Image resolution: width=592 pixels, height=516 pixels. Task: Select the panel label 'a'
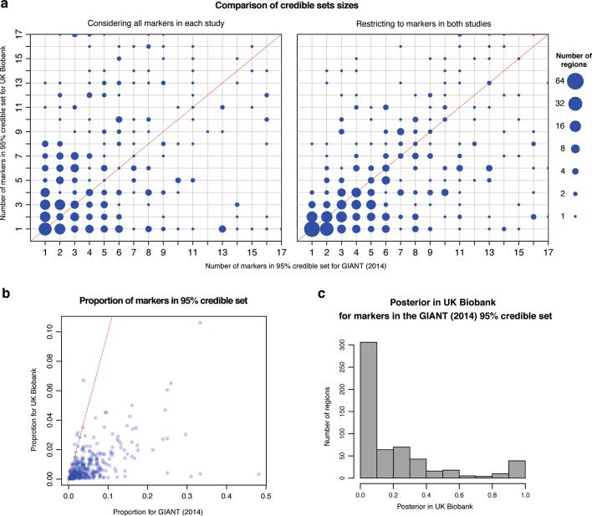4,5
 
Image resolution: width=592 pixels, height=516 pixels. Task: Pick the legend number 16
558,126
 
